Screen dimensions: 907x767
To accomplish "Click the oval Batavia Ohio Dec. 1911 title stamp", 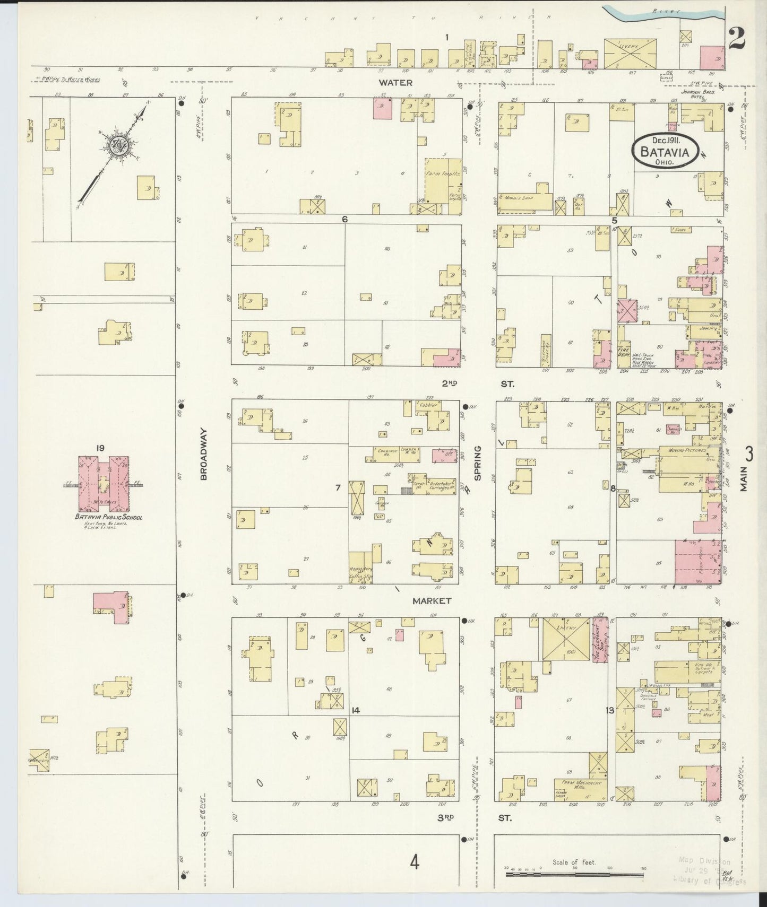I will click(665, 151).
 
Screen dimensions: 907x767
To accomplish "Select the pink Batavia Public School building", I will click(103, 481).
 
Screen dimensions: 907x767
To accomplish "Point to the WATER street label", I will click(395, 82).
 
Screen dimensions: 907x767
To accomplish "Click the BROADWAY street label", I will click(204, 454).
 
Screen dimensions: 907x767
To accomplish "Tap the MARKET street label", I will click(432, 600).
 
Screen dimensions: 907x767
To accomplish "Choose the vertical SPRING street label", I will click(478, 463).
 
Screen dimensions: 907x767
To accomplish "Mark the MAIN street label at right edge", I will click(744, 478).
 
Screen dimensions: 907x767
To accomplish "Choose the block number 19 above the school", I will click(100, 449).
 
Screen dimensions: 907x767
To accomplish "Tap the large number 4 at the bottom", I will click(414, 862).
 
